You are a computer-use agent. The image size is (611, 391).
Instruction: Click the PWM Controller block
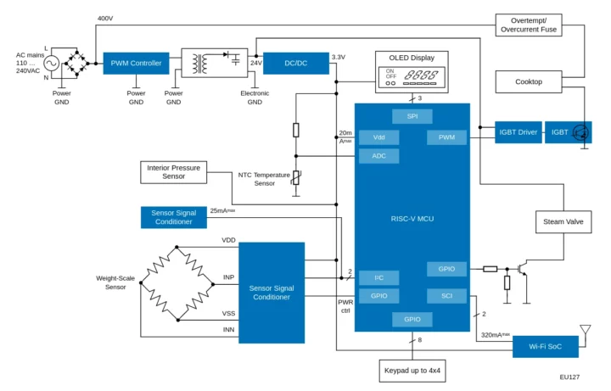136,64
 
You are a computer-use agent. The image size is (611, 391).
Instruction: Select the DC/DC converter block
295,64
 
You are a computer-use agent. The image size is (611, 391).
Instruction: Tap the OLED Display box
412,72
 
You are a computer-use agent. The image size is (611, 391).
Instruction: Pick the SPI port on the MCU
412,115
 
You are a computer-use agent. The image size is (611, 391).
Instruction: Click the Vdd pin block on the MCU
378,137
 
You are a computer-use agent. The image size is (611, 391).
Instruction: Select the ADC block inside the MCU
378,156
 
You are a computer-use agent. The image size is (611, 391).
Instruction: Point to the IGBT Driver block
518,132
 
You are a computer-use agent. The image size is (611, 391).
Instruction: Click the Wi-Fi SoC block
545,346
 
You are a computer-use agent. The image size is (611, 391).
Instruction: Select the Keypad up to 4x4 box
412,371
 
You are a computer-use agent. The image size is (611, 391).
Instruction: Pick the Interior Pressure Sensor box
173,172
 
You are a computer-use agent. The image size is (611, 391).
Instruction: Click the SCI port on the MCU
446,295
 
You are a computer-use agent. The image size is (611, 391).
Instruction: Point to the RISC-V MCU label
412,219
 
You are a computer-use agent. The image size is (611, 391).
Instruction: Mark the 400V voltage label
105,18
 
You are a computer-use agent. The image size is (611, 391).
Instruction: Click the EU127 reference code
569,376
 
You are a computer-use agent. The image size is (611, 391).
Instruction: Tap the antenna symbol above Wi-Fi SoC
585,330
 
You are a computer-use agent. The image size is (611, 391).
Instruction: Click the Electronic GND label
255,97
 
